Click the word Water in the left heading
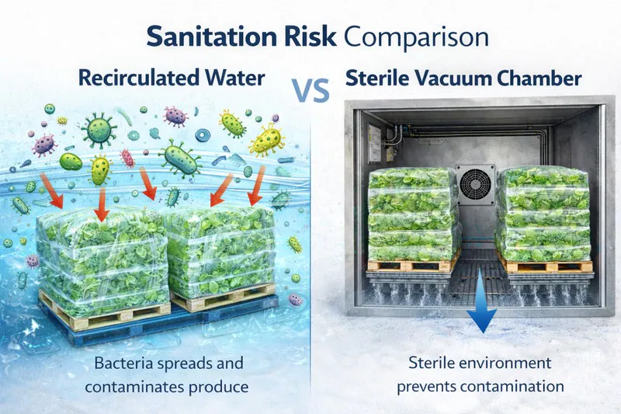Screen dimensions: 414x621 pyautogui.click(x=231, y=78)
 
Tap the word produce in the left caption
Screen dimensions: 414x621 pyautogui.click(x=206, y=384)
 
